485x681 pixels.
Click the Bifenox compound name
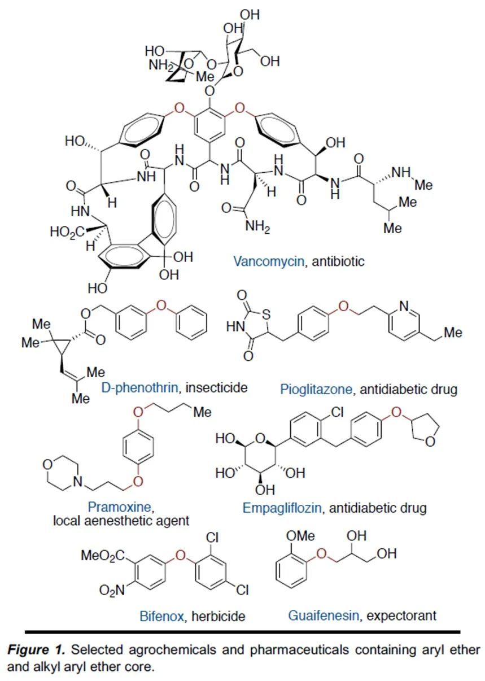pyautogui.click(x=161, y=616)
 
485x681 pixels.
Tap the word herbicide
pyautogui.click(x=218, y=616)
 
